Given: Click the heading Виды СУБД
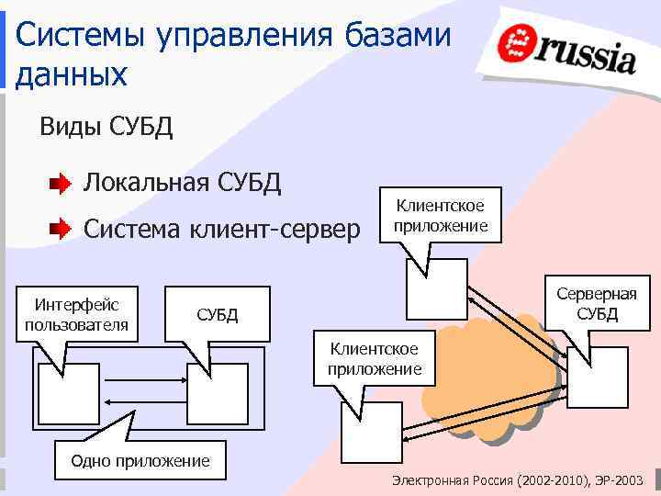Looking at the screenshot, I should tap(106, 126).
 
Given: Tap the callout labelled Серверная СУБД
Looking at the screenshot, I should tap(597, 303).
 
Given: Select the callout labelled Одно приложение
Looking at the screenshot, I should tap(140, 460).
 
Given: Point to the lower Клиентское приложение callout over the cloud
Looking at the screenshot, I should tap(374, 358).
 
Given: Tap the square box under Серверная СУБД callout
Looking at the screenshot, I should tap(597, 377).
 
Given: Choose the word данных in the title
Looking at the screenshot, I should tap(72, 73).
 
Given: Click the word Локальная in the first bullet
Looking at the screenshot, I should tap(148, 184).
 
